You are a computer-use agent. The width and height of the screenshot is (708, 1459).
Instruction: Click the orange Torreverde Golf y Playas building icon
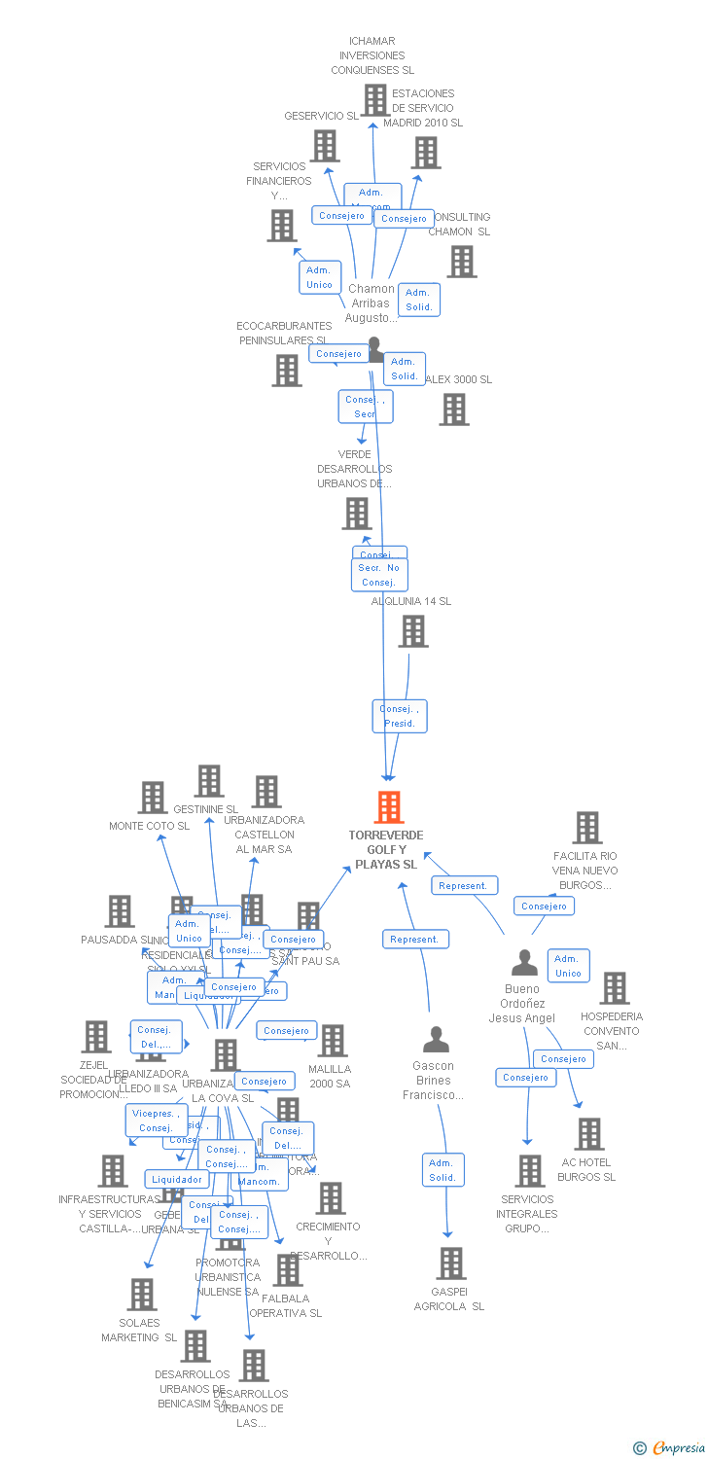[x=388, y=807]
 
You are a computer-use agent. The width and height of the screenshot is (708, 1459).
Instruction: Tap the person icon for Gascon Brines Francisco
[x=437, y=1040]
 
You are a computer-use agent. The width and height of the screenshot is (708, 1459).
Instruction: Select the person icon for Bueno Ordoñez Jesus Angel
[x=524, y=963]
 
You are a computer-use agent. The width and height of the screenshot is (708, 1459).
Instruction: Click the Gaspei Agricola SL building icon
[x=451, y=1263]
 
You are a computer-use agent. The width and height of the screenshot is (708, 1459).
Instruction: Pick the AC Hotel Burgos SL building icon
[x=588, y=1134]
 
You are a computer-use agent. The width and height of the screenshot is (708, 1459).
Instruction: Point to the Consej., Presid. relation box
[x=400, y=716]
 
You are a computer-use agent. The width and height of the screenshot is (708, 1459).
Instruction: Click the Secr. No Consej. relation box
[x=379, y=575]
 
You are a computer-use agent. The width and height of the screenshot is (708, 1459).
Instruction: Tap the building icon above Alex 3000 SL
[x=454, y=409]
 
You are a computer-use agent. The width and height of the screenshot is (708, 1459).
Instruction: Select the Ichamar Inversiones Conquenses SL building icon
[x=375, y=99]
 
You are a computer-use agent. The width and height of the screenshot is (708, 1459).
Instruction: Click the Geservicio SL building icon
[x=324, y=146]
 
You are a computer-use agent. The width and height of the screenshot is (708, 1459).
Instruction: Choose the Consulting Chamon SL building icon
[x=462, y=261]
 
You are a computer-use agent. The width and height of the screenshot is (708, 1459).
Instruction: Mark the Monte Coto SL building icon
[x=152, y=798]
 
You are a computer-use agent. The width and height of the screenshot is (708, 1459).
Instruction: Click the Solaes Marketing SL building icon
[x=142, y=1295]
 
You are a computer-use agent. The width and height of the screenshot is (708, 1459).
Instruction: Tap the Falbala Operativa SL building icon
[x=288, y=1269]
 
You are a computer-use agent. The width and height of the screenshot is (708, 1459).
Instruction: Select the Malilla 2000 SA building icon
[x=332, y=1041]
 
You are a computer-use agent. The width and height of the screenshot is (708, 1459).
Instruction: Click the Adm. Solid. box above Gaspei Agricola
[x=442, y=1170]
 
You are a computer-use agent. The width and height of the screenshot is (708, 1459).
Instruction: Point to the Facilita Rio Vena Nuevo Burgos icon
[x=586, y=828]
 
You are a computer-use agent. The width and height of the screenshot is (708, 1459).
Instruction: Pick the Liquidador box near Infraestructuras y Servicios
[x=177, y=1179]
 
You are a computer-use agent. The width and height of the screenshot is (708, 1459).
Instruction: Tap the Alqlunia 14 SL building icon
[x=413, y=631]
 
